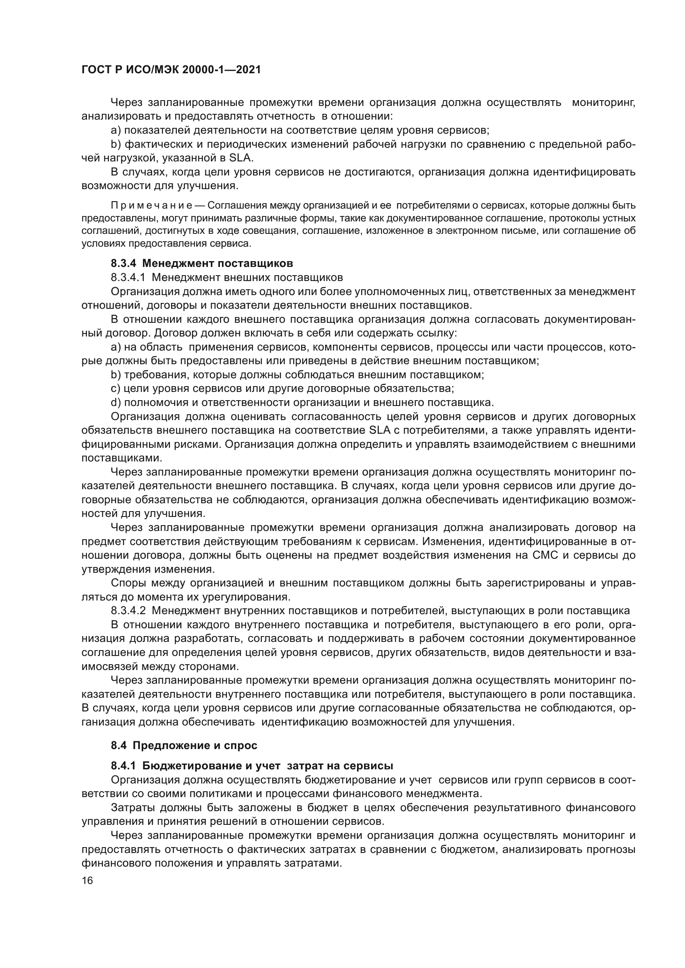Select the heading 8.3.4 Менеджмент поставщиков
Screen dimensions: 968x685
[x=202, y=264]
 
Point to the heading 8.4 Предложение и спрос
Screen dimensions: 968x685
[x=184, y=745]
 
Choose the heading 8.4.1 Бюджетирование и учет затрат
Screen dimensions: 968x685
[x=252, y=765]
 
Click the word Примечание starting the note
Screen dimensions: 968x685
[x=152, y=206]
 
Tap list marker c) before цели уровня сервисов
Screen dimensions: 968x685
[x=116, y=388]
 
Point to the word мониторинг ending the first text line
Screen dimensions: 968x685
[x=603, y=103]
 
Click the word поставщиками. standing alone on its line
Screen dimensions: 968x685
[x=121, y=458]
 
